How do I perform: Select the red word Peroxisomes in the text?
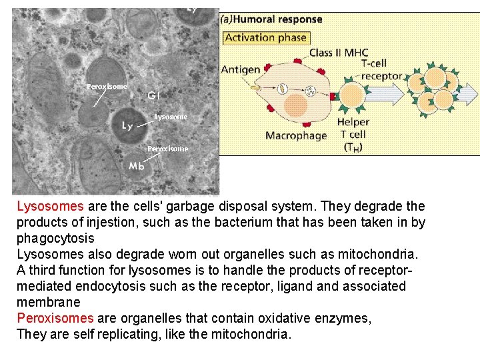coord(55,319)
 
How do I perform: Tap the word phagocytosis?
coord(55,239)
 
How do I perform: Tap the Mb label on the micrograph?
coord(137,166)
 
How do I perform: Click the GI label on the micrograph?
coord(153,95)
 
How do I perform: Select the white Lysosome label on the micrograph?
coord(171,117)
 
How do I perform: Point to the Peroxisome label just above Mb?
coord(167,149)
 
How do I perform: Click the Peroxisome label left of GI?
coord(107,87)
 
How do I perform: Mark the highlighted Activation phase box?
coord(265,37)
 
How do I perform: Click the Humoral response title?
coord(271,19)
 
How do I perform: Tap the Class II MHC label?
coord(339,53)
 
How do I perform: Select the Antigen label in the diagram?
coord(241,69)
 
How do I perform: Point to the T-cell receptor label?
coord(381,69)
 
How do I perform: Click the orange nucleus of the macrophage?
coord(295,105)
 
